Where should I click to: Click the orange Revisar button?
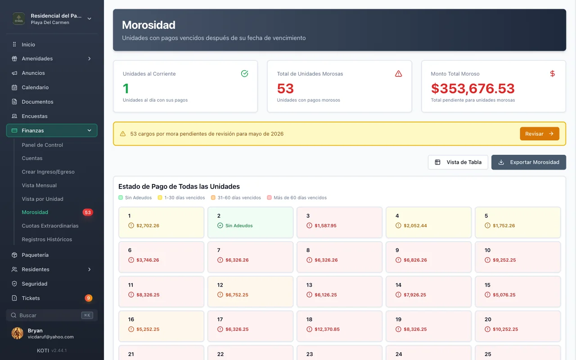click(x=540, y=134)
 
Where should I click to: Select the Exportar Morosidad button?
click(x=529, y=162)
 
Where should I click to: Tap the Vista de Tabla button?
click(x=458, y=162)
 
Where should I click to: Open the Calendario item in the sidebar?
click(x=35, y=87)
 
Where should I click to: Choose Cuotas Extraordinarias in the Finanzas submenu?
click(x=50, y=226)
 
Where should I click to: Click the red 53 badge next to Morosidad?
click(x=88, y=212)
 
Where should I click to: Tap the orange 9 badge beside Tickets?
click(x=89, y=298)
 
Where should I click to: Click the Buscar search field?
click(x=52, y=315)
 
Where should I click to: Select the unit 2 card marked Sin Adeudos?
click(x=250, y=222)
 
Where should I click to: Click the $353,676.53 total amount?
click(x=472, y=89)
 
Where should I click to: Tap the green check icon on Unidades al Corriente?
click(x=244, y=73)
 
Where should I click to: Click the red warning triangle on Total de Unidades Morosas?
click(x=398, y=74)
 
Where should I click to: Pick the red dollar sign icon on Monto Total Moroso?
click(x=552, y=74)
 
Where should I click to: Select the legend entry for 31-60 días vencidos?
click(x=236, y=198)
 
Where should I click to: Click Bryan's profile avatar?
click(x=17, y=333)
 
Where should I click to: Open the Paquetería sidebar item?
click(x=35, y=255)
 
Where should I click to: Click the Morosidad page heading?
click(x=148, y=25)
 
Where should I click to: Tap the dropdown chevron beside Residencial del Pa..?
click(x=89, y=19)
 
